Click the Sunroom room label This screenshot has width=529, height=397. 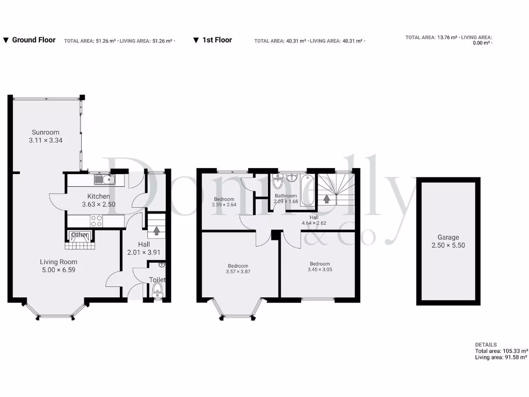click(45, 132)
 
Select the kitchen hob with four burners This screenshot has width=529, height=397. click(97, 221)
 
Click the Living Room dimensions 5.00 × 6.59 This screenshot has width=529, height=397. click(58, 270)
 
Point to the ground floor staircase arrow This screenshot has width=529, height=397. click(156, 230)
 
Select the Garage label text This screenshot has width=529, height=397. click(448, 237)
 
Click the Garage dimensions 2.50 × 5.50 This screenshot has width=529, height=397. click(448, 245)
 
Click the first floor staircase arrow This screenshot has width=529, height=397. click(326, 198)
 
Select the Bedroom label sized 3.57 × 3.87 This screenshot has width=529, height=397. click(238, 264)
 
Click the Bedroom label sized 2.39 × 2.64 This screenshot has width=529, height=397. click(224, 199)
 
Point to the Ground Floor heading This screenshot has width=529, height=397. click(34, 40)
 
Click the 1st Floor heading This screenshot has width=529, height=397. click(216, 40)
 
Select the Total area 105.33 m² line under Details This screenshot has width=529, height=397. click(501, 351)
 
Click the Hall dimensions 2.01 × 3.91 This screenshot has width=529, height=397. click(144, 252)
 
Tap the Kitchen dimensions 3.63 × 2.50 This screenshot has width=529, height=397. click(98, 204)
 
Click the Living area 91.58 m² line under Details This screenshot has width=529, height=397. click(501, 357)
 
